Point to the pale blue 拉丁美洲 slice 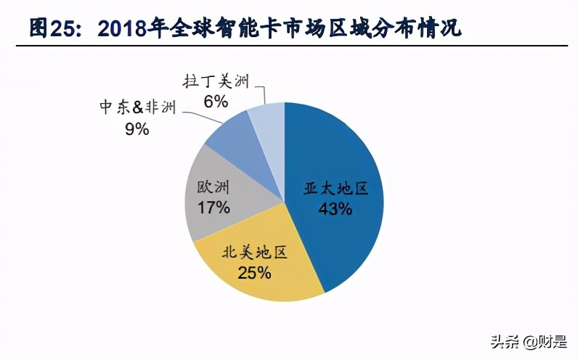point(268,120)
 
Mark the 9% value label point(137,129)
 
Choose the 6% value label point(216,101)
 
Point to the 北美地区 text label point(254,253)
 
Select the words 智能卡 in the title point(236,28)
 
